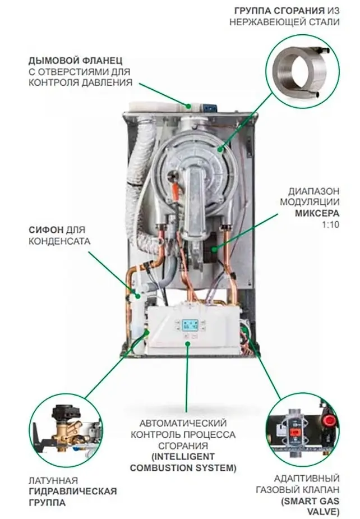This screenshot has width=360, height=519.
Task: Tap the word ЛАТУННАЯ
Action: [52, 481]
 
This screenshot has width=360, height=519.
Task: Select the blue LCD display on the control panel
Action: [190, 324]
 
